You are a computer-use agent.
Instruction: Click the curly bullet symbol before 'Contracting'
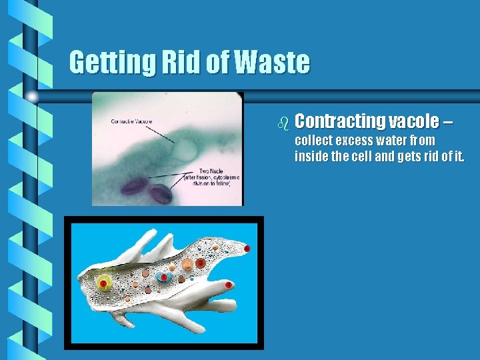tap(283, 123)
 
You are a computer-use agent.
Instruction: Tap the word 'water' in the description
tap(396, 141)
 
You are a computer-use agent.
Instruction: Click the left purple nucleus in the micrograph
tap(135, 186)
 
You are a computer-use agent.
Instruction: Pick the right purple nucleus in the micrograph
tap(160, 194)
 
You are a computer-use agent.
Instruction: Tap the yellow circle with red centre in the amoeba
tap(103, 284)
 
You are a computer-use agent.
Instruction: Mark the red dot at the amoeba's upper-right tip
tap(247, 249)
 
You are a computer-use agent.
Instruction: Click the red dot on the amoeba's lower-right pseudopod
tap(229, 285)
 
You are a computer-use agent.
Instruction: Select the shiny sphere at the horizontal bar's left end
tap(32, 96)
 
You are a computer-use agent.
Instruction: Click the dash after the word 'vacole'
tap(447, 122)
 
